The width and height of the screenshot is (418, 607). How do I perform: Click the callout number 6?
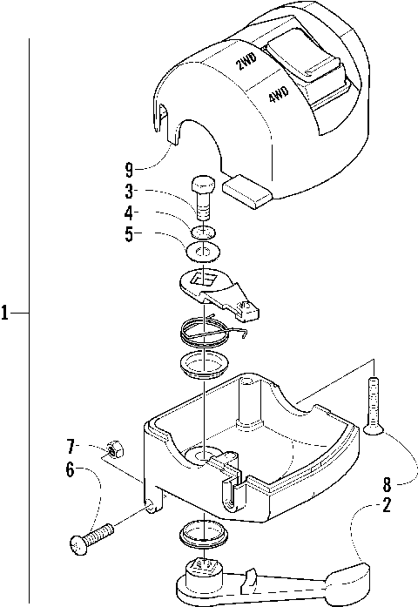(70, 469)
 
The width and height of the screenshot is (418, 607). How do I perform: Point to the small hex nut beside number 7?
(112, 450)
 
